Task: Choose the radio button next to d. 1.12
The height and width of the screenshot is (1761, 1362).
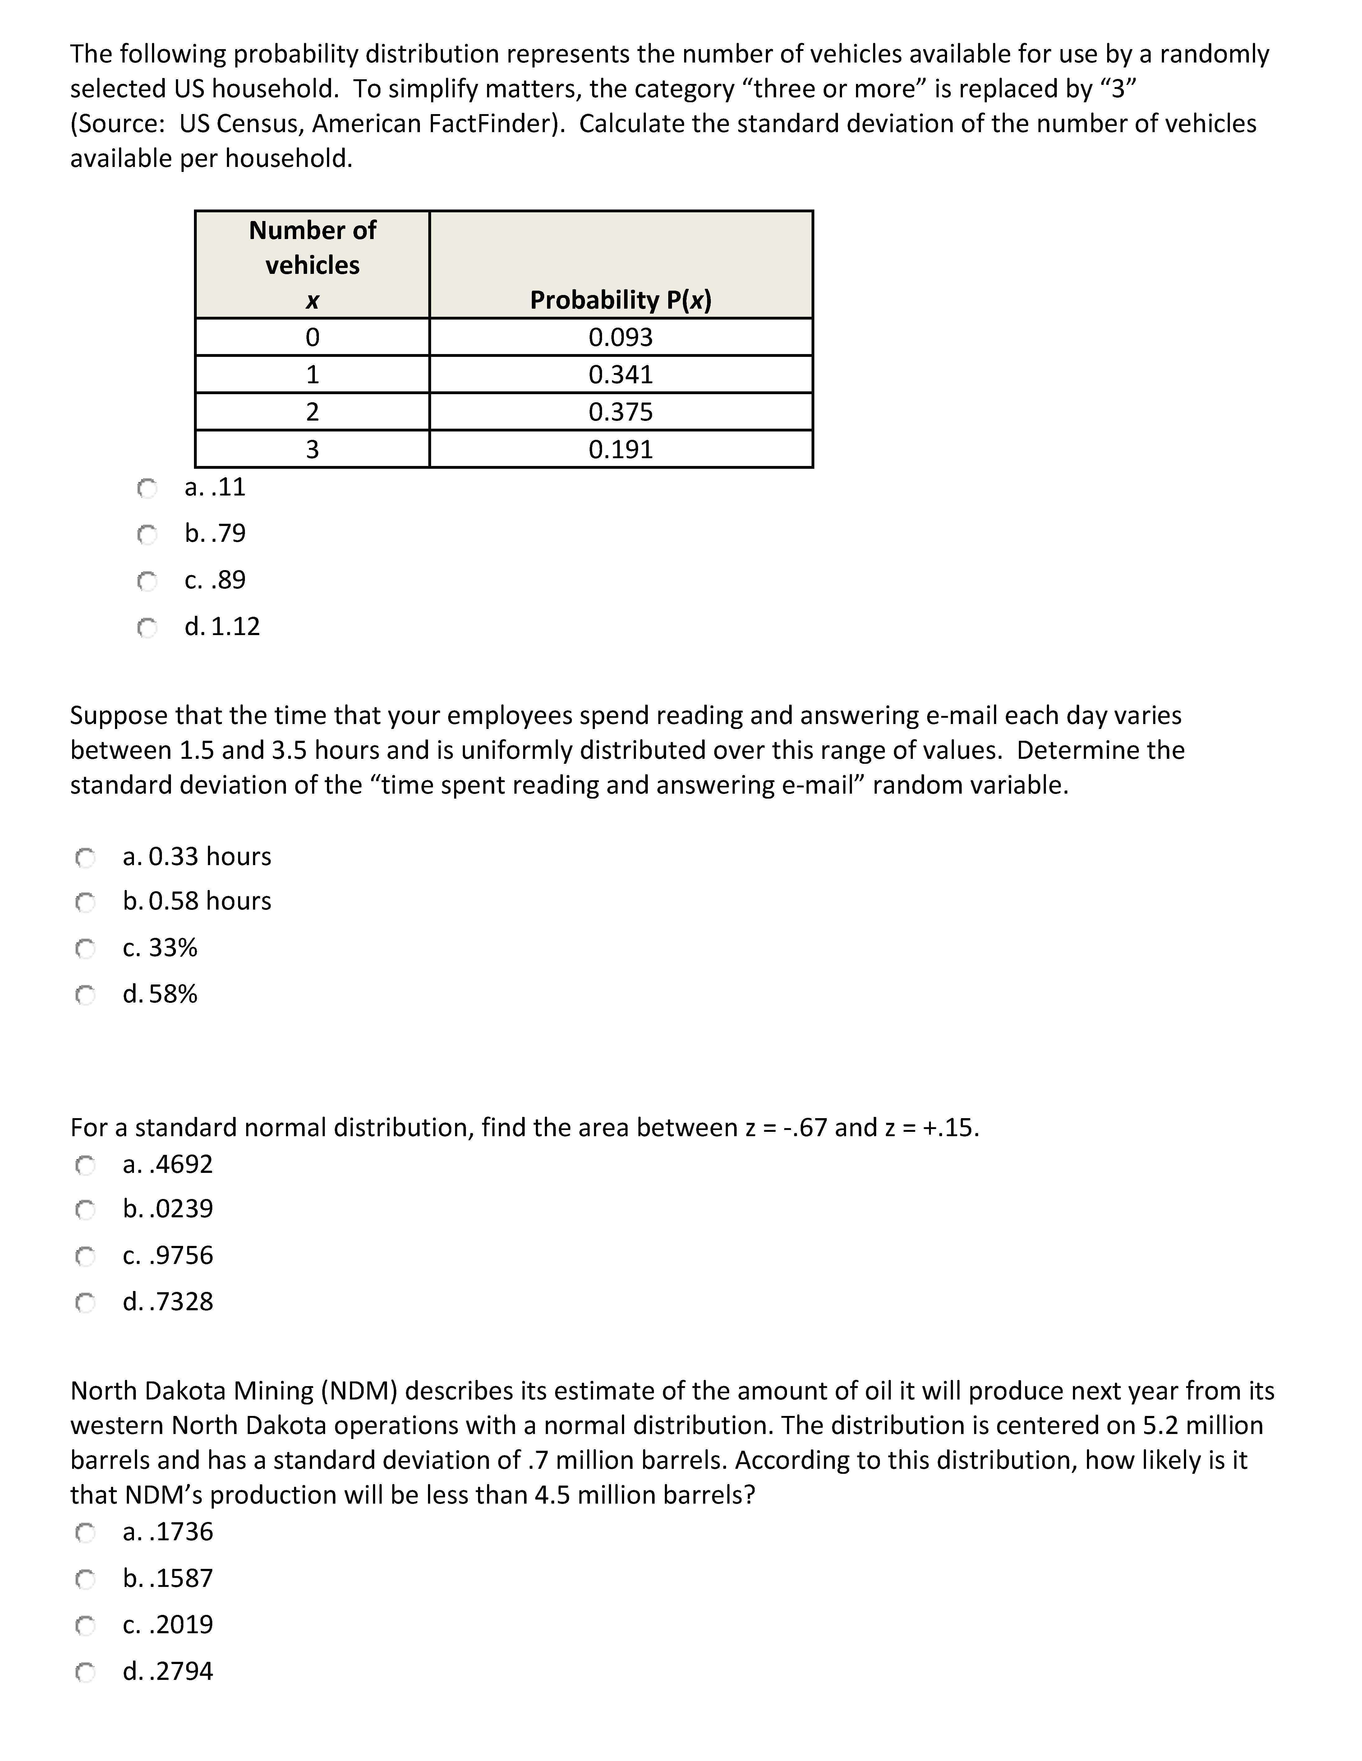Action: point(147,627)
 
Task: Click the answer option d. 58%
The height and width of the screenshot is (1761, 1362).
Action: point(160,994)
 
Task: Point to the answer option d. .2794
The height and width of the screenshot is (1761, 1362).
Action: point(168,1671)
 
